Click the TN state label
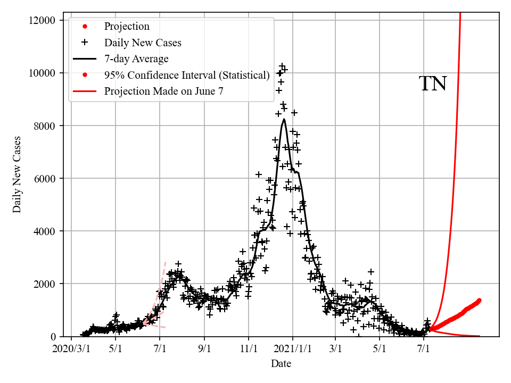click(433, 84)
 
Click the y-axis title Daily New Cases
click(17, 174)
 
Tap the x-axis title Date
click(281, 364)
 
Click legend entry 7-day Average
click(136, 59)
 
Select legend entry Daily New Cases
click(143, 43)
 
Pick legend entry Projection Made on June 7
click(163, 91)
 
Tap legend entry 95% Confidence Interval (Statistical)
click(187, 75)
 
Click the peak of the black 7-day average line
click(284, 119)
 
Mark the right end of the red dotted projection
click(479, 300)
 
